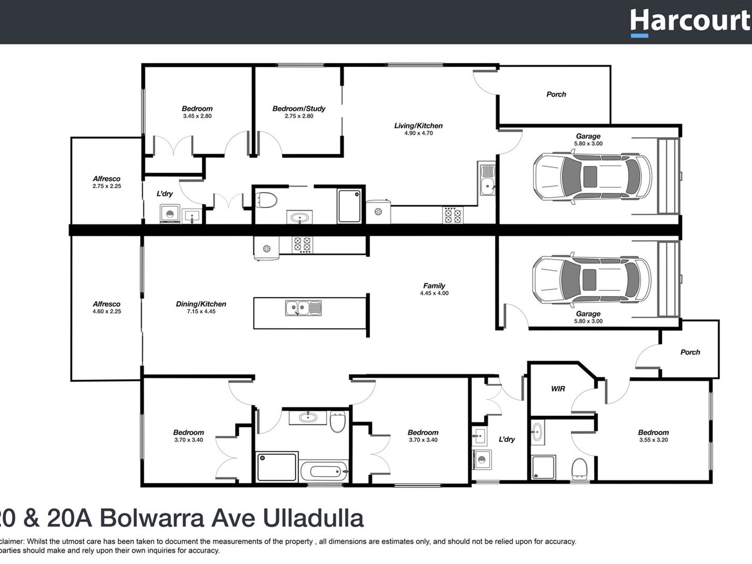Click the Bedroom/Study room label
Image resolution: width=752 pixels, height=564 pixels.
[x=299, y=108]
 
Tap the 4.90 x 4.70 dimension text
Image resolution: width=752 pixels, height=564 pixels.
[x=418, y=133]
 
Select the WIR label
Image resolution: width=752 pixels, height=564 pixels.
[x=558, y=389]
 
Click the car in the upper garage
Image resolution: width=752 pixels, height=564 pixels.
[x=591, y=177]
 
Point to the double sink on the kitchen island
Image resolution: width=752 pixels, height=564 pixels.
[x=303, y=308]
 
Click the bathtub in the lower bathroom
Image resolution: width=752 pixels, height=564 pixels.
[x=325, y=471]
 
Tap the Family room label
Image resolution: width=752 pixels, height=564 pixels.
[x=434, y=286]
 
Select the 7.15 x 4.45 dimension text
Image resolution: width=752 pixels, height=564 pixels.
[x=201, y=311]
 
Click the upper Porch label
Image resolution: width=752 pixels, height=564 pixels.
[x=556, y=94]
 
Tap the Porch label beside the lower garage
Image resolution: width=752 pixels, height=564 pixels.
[x=690, y=352]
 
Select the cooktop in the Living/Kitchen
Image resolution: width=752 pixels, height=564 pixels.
[x=453, y=215]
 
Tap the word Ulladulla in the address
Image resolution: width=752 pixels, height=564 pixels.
[x=313, y=519]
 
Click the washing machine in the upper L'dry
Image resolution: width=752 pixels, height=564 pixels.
[x=170, y=214]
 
